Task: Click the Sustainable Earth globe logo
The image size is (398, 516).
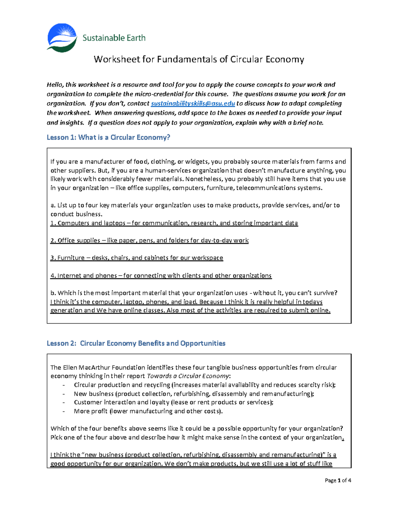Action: (x=62, y=38)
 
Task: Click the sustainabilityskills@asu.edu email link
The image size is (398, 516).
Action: (x=193, y=103)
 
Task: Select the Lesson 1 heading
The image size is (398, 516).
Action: (x=108, y=137)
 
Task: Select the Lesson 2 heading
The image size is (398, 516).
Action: (x=136, y=343)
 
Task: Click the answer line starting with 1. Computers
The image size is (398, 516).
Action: (x=174, y=223)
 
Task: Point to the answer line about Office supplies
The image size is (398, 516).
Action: (x=149, y=240)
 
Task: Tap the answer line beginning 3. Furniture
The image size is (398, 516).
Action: (x=136, y=258)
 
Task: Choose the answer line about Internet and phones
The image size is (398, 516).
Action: (x=161, y=275)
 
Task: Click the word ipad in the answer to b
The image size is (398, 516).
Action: (x=190, y=302)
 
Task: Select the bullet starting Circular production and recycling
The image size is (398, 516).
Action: (x=204, y=385)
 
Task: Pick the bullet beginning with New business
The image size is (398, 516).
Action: (x=194, y=394)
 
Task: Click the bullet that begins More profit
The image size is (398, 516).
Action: (x=148, y=411)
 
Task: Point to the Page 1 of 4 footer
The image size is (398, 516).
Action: (x=338, y=480)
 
